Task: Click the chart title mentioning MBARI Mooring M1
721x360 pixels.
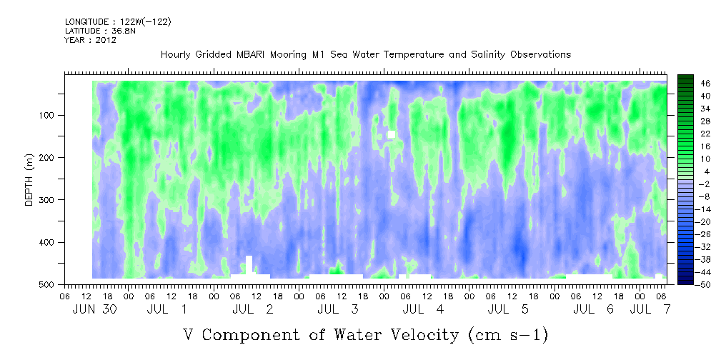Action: point(365,54)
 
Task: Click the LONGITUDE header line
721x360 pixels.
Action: point(118,21)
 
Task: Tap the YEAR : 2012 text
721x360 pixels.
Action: point(90,40)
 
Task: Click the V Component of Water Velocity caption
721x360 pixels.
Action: point(365,334)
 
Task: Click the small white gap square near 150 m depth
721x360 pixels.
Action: point(391,134)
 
